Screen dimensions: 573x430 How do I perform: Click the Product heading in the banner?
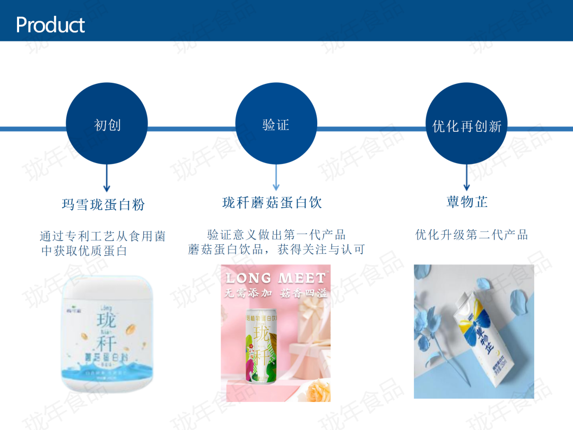click(x=50, y=25)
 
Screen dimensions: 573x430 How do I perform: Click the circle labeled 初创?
click(x=107, y=125)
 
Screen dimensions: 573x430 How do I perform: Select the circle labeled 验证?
click(x=276, y=125)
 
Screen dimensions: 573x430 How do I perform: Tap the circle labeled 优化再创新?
click(x=467, y=125)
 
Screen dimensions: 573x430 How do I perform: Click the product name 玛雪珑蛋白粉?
click(x=103, y=204)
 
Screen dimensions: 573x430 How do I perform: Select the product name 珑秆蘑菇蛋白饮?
click(x=272, y=202)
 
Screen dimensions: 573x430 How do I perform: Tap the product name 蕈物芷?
click(x=467, y=202)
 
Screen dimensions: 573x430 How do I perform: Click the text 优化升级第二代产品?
click(x=472, y=235)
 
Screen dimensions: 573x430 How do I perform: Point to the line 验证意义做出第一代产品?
click(x=276, y=235)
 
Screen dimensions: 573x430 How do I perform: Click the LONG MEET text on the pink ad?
click(x=275, y=278)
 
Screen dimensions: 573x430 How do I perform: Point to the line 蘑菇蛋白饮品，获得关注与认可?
click(x=276, y=249)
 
